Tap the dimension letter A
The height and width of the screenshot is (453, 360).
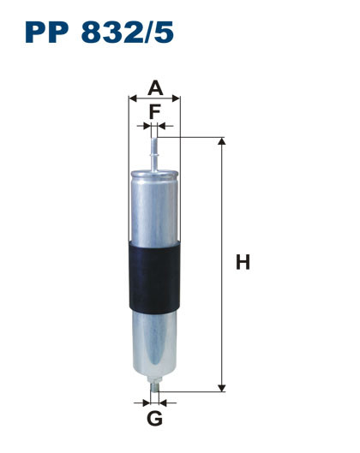pos(154,86)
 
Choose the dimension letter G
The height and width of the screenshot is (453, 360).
pos(154,419)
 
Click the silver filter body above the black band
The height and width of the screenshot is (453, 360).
pos(154,206)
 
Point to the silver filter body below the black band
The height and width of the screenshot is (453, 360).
pos(154,347)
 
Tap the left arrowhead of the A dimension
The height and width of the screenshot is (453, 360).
pos(132,98)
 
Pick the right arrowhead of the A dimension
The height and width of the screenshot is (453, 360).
pos(177,98)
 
